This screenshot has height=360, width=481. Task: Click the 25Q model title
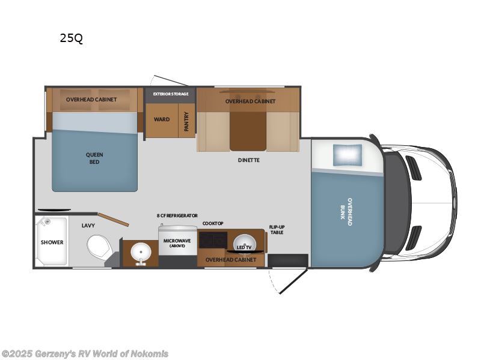click(71, 38)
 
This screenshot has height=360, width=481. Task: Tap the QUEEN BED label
click(94, 158)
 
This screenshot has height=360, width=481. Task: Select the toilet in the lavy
click(99, 245)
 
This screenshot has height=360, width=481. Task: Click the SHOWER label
click(52, 242)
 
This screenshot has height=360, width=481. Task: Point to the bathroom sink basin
click(141, 251)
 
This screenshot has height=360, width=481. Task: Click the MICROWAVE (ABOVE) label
click(177, 243)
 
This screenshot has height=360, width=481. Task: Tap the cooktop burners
click(212, 239)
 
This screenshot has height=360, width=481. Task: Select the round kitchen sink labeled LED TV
click(244, 244)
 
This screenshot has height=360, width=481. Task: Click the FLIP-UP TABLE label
click(276, 229)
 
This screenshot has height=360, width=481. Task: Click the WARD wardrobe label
click(162, 119)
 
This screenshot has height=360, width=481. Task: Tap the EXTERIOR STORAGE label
click(171, 94)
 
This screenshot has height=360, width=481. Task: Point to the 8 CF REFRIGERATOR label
click(177, 215)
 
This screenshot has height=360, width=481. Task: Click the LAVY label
click(89, 226)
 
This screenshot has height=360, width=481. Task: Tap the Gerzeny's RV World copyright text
click(85, 353)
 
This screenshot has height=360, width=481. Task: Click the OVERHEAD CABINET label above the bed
click(91, 99)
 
